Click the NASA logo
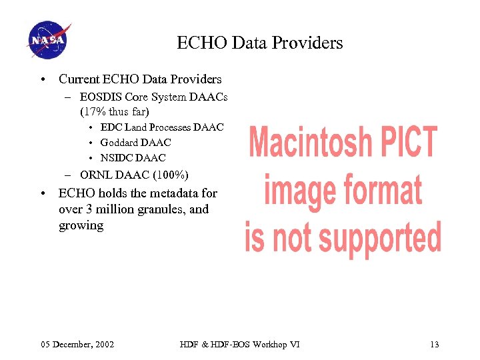point(49,39)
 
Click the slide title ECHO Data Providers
point(259,43)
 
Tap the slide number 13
point(434,344)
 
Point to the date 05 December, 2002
point(77,344)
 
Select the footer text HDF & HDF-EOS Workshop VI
point(239,344)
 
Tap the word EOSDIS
point(101,97)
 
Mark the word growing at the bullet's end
point(81,225)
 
